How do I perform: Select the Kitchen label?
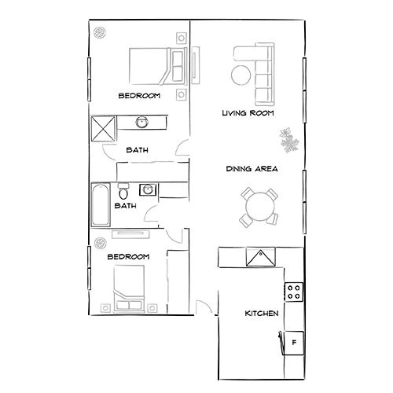pyautogui.click(x=262, y=314)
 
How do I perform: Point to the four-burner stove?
pyautogui.click(x=294, y=292)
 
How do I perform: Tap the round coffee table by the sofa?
pyautogui.click(x=241, y=75)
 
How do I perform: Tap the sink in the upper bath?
pyautogui.click(x=142, y=122)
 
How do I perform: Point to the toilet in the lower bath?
pyautogui.click(x=123, y=192)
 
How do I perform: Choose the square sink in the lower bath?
pyautogui.click(x=146, y=189)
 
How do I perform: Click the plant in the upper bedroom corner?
pyautogui.click(x=101, y=33)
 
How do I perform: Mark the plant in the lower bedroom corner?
pyautogui.click(x=100, y=242)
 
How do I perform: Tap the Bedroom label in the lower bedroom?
pyautogui.click(x=128, y=257)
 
